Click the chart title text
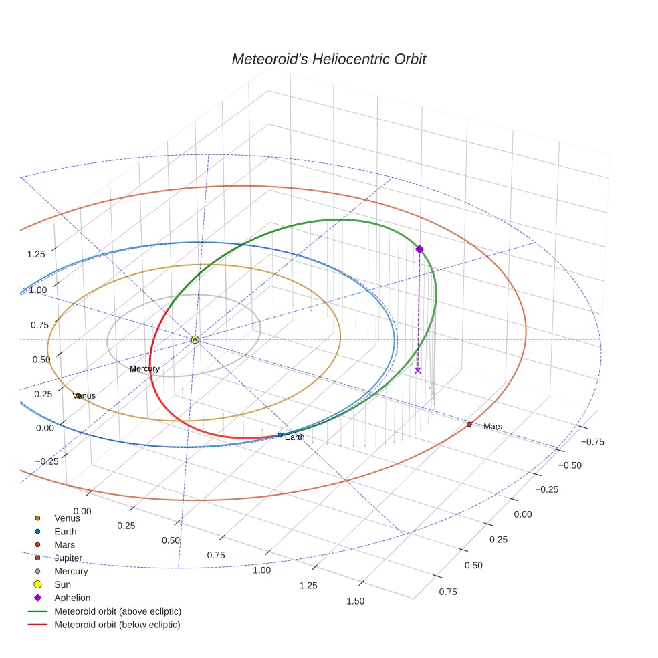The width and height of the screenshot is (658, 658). [x=328, y=60]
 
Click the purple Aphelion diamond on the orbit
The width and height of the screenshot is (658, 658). [x=419, y=249]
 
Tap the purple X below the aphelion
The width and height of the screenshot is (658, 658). [x=418, y=370]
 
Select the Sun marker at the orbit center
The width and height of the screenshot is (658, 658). [x=195, y=340]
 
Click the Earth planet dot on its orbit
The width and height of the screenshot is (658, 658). [x=280, y=435]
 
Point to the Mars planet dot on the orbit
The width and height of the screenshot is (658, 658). [x=469, y=424]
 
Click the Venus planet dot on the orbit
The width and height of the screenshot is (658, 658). [x=78, y=395]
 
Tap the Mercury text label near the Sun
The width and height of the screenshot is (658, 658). [x=145, y=369]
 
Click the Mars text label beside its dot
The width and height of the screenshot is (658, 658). [x=493, y=427]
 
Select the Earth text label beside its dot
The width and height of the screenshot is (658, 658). [x=295, y=437]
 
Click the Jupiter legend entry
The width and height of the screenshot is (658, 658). [x=68, y=558]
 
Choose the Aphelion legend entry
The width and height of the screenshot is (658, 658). [x=72, y=598]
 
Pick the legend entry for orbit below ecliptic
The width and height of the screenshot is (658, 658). [x=117, y=625]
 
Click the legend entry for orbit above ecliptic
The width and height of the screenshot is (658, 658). [x=118, y=611]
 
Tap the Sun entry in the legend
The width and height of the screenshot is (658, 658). [x=62, y=584]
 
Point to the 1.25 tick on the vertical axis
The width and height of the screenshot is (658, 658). [x=36, y=254]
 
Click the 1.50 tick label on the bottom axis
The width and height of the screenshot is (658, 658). [x=356, y=601]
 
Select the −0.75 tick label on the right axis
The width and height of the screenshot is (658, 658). [x=592, y=441]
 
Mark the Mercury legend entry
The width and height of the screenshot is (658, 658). [x=71, y=571]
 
